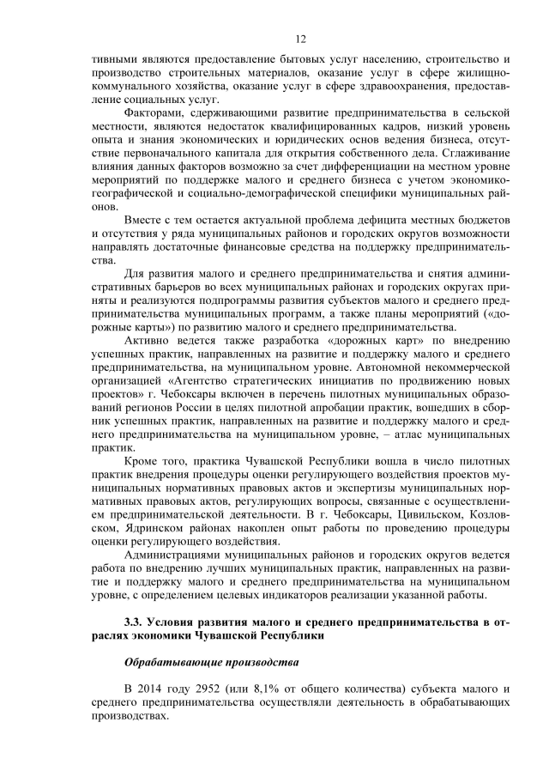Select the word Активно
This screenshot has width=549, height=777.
[x=148, y=343]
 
